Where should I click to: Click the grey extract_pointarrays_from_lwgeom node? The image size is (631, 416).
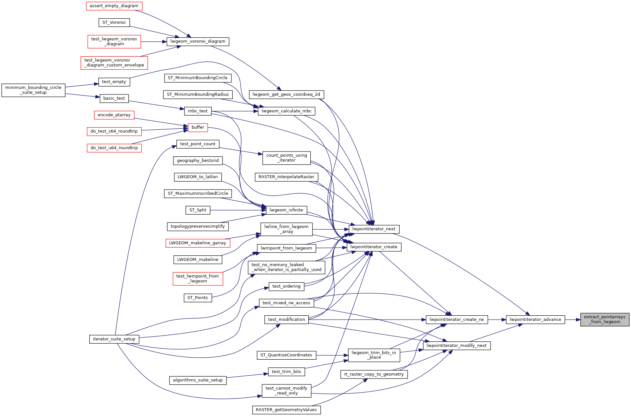pyautogui.click(x=605, y=319)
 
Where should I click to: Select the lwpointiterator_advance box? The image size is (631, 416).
pyautogui.click(x=535, y=320)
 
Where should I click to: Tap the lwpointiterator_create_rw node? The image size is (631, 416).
pyautogui.click(x=457, y=320)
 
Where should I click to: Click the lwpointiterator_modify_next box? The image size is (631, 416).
pyautogui.click(x=456, y=346)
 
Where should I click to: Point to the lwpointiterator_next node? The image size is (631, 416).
pyautogui.click(x=374, y=229)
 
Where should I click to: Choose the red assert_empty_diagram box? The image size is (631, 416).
pyautogui.click(x=114, y=6)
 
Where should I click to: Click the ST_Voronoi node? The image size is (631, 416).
pyautogui.click(x=114, y=22)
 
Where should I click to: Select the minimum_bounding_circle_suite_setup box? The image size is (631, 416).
pyautogui.click(x=33, y=90)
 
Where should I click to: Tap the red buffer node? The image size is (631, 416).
pyautogui.click(x=198, y=127)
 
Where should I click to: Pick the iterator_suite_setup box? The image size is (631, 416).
pyautogui.click(x=114, y=339)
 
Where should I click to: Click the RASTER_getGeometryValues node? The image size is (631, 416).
pyautogui.click(x=286, y=410)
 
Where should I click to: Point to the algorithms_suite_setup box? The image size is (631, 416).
pyautogui.click(x=198, y=380)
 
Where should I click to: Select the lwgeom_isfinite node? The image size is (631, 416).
pyautogui.click(x=286, y=210)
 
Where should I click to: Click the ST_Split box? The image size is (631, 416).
pyautogui.click(x=198, y=210)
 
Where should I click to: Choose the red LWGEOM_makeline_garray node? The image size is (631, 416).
pyautogui.click(x=198, y=243)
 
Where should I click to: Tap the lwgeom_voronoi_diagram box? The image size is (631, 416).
pyautogui.click(x=198, y=41)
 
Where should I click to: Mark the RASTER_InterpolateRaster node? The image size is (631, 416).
pyautogui.click(x=286, y=177)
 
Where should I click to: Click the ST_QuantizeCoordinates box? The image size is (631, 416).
pyautogui.click(x=286, y=355)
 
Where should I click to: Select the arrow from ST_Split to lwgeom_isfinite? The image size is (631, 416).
pyautogui.click(x=238, y=210)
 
